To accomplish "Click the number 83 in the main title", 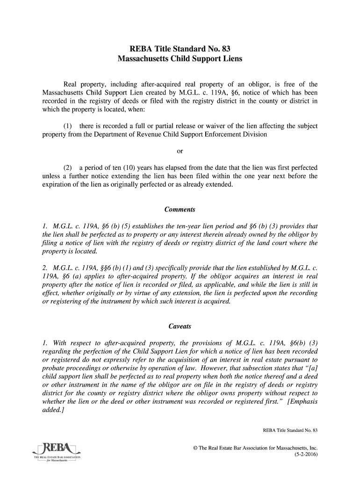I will (x=225, y=49).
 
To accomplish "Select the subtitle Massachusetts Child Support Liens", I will (x=180, y=60).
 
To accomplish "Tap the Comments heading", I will (x=180, y=209).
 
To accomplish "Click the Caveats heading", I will (x=180, y=326).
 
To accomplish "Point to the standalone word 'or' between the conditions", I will (x=180, y=151).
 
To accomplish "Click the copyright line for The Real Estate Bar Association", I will (x=256, y=448).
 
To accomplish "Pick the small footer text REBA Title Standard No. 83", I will (x=290, y=430).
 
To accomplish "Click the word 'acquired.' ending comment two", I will (x=217, y=301).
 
